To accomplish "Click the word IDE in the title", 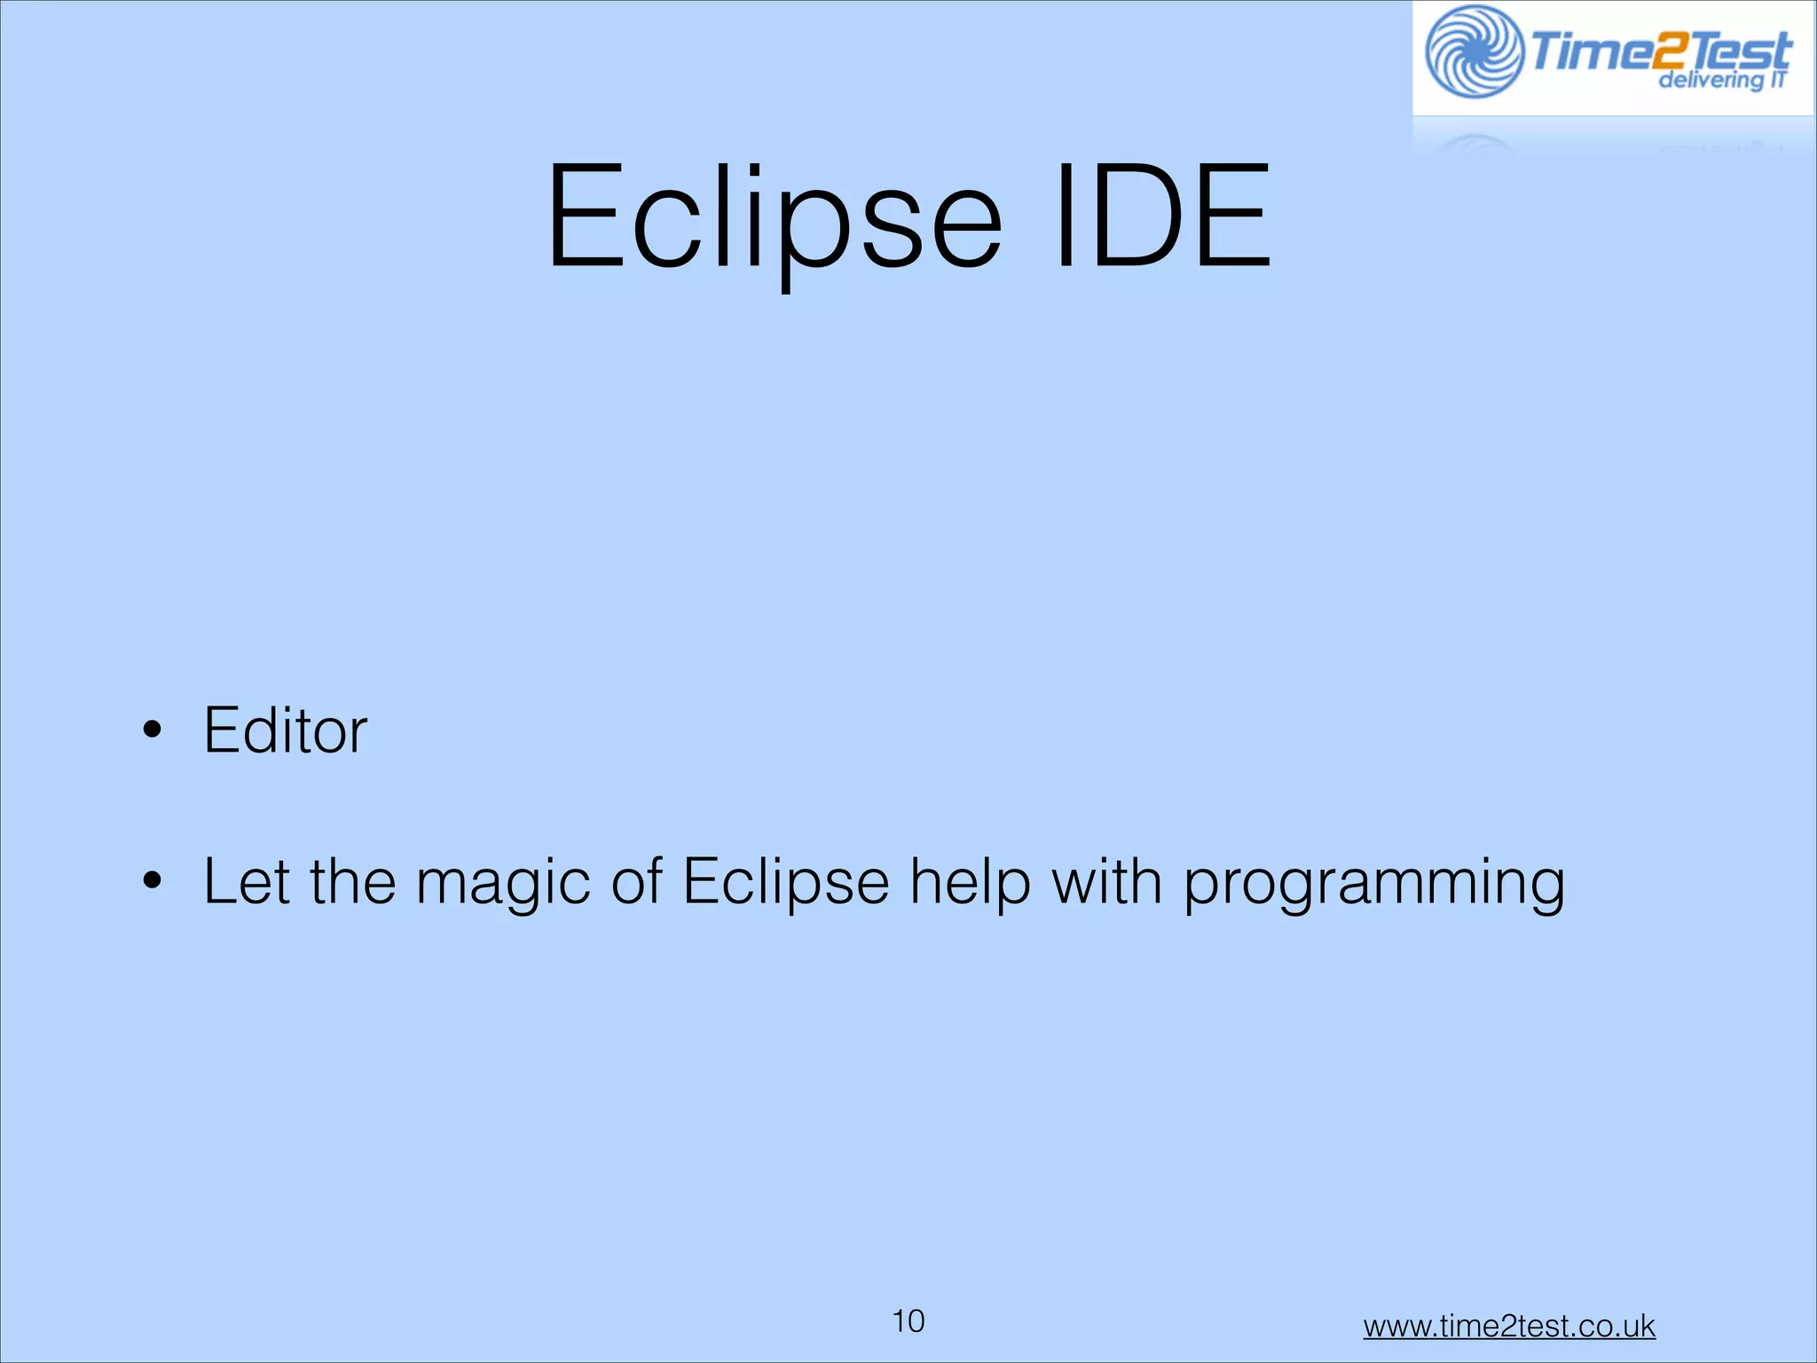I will point(1162,217).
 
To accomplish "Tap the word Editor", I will point(285,730).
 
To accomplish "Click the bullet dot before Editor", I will point(153,729).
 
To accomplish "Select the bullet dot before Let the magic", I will point(153,881).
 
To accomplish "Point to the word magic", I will point(503,883).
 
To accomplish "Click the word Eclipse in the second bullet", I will point(786,883).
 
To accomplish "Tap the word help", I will point(971,883).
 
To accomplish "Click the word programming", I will point(1374,883).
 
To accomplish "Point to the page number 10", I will point(908,1321).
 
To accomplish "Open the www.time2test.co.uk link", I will point(1509,1326).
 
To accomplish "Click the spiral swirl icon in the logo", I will point(1474,51).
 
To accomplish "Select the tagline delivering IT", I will point(1721,81).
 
